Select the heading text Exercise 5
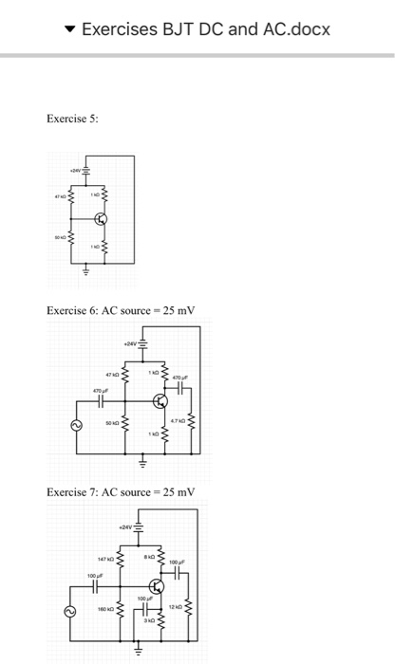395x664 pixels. (x=72, y=119)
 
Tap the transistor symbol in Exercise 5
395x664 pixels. (x=103, y=220)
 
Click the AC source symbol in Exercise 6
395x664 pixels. (x=70, y=427)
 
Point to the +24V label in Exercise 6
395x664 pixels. (x=131, y=343)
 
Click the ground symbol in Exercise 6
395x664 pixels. (x=143, y=464)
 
